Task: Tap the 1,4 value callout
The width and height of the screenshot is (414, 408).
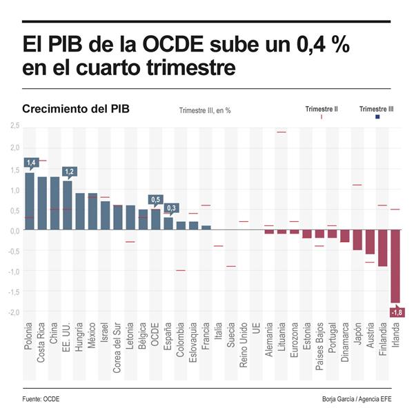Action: click(30, 163)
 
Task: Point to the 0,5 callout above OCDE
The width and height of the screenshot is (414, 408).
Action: click(155, 199)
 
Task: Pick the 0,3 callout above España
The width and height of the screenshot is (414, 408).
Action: click(171, 207)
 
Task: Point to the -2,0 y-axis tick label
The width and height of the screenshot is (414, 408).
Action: click(14, 312)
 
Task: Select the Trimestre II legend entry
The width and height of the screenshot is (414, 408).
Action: click(322, 109)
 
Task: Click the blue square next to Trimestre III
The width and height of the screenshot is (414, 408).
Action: click(377, 118)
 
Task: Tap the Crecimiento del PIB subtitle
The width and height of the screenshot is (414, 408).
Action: click(75, 110)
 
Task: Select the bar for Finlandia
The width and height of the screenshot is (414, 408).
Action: click(383, 248)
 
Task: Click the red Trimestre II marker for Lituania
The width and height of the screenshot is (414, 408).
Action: click(282, 132)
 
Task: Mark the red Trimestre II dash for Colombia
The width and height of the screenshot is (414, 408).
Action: click(181, 270)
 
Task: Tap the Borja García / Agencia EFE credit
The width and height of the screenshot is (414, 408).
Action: click(356, 399)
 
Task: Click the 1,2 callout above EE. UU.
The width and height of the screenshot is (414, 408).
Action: click(68, 172)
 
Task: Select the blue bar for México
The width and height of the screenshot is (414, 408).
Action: click(92, 212)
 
